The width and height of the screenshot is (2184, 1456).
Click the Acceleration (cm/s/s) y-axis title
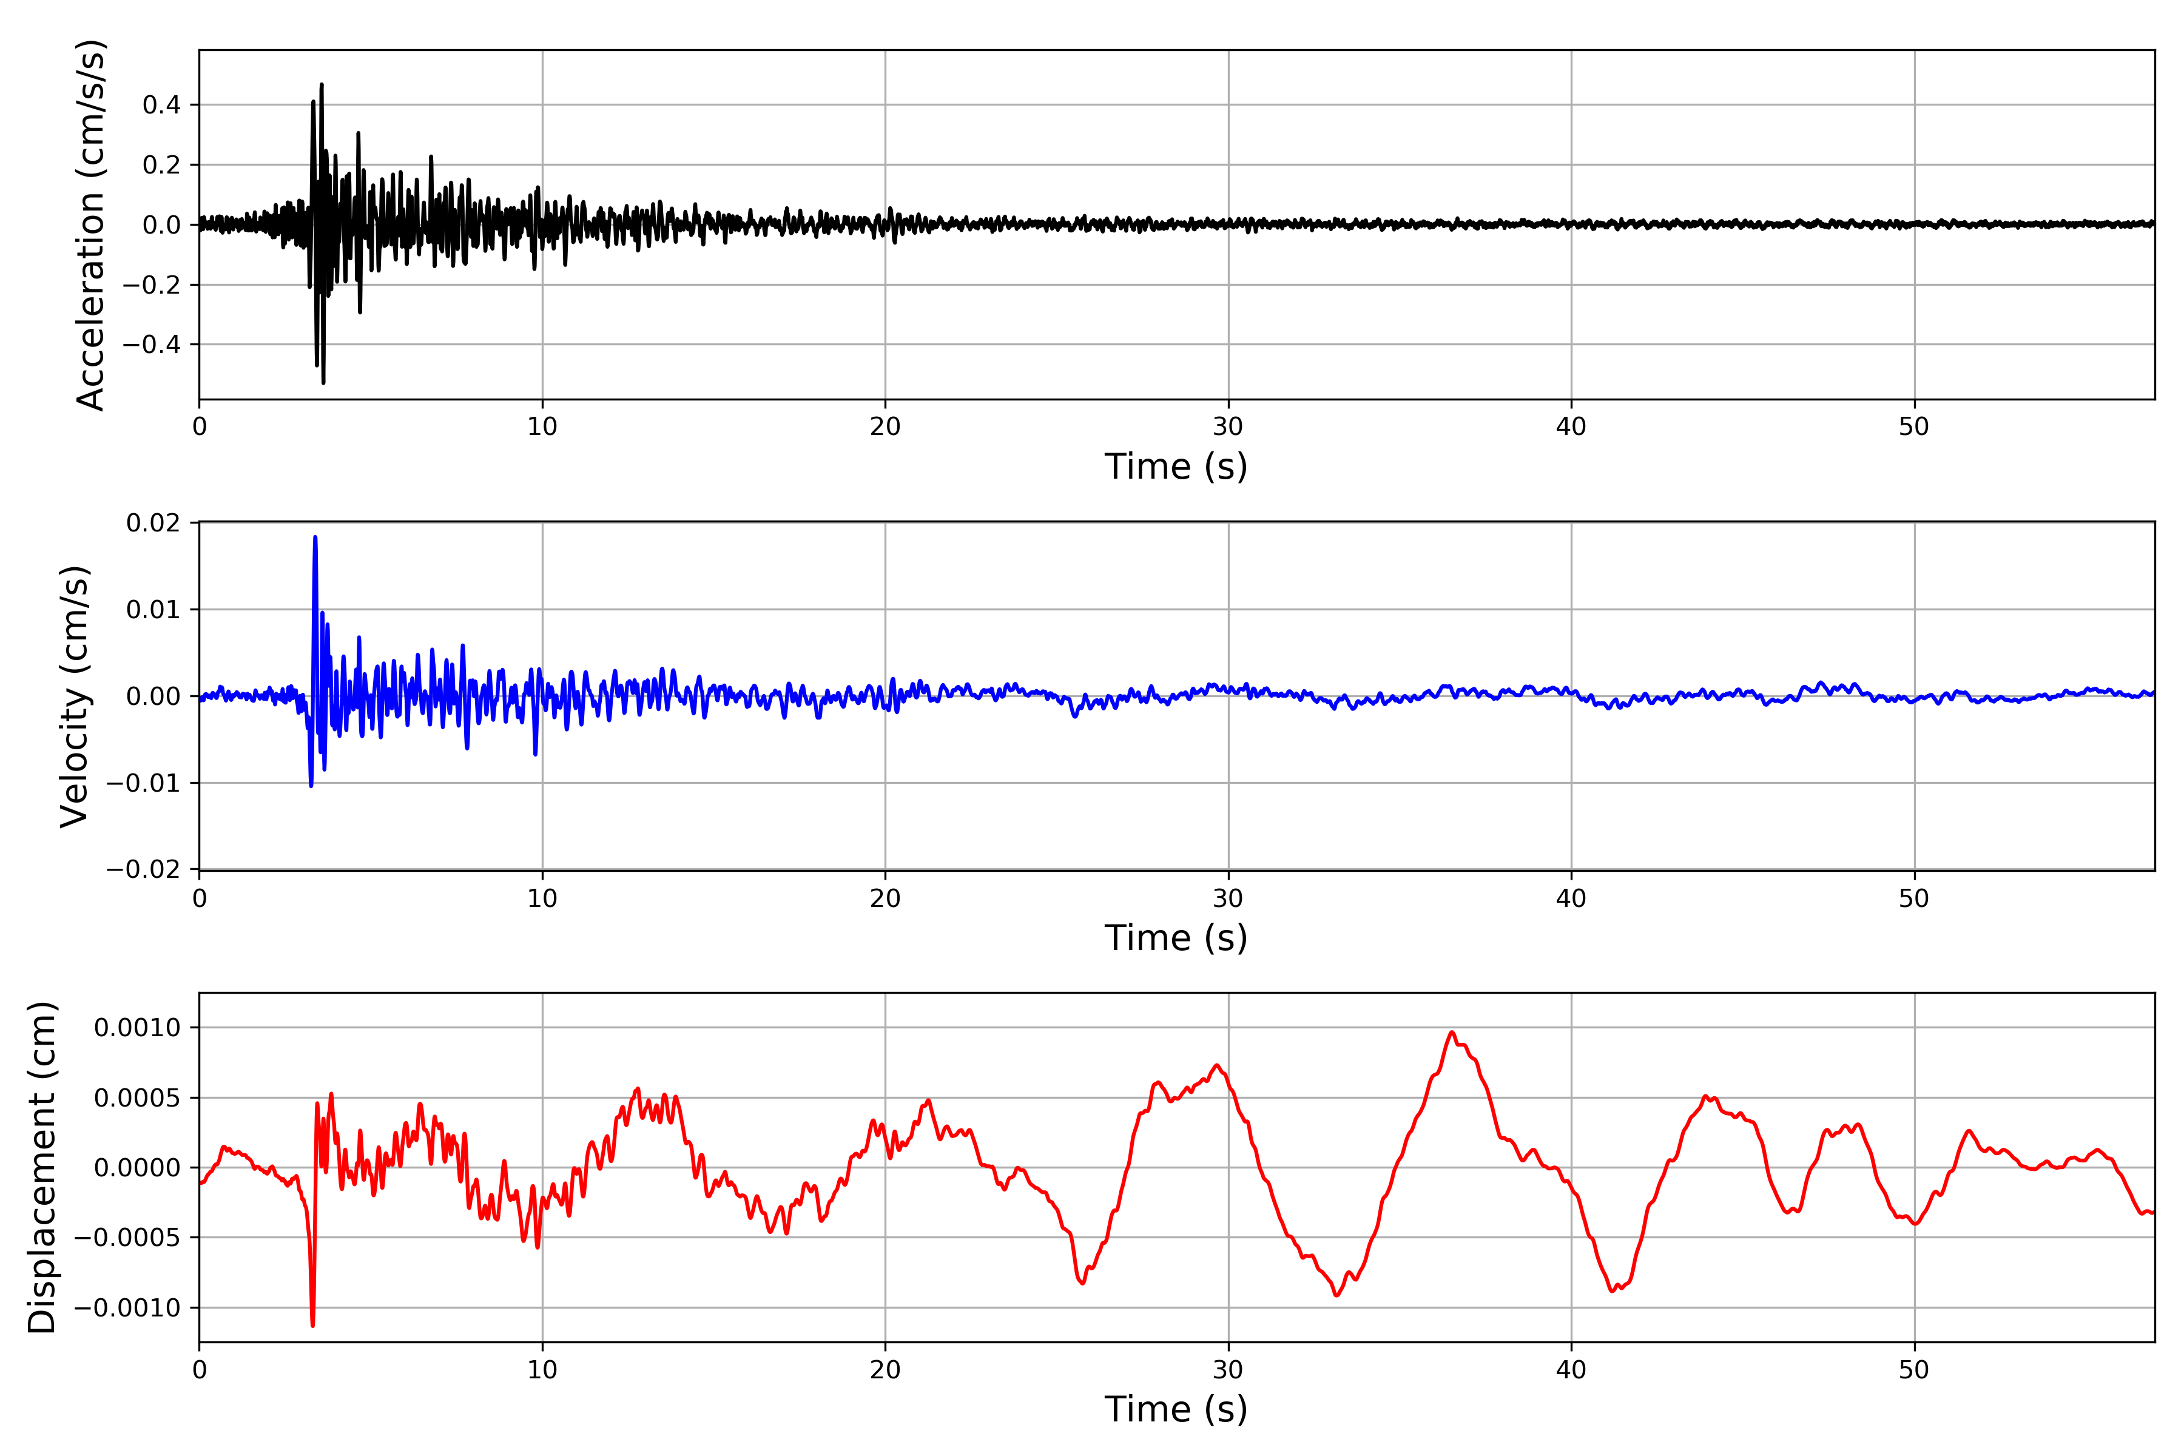[x=90, y=224]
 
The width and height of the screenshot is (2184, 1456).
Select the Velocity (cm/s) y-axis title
[x=74, y=696]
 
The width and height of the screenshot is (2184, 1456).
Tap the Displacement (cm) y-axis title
[x=42, y=1167]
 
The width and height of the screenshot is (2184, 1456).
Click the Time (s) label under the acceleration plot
[x=1176, y=466]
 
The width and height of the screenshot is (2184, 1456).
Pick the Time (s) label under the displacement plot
[x=1176, y=1409]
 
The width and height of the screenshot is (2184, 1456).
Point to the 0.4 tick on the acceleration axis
[x=161, y=105]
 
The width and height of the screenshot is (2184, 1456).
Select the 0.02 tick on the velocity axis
[x=153, y=523]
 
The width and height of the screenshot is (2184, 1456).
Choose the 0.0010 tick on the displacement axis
[x=138, y=1028]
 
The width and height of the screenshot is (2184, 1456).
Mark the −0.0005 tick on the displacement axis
[x=128, y=1238]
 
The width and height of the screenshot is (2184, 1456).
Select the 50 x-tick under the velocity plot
[x=1914, y=899]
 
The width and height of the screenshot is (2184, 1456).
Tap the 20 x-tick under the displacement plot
[x=885, y=1370]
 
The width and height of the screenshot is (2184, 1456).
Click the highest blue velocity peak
[x=315, y=538]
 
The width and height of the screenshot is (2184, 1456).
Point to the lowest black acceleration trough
[x=323, y=383]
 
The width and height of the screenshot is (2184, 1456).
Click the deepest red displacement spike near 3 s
[x=313, y=1325]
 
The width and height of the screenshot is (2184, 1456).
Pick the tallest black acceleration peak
[x=322, y=84]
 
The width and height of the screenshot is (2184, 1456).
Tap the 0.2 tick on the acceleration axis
[x=161, y=165]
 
